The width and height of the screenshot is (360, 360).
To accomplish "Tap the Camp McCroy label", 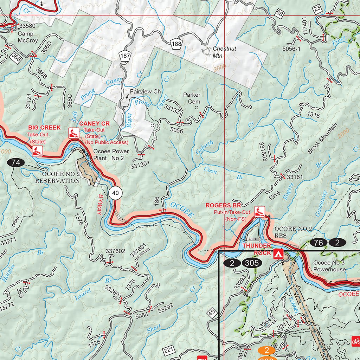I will coord(28,37).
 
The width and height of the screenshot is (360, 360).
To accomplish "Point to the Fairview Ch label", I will coord(145,91).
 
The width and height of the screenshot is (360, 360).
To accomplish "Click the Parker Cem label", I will coord(192,98).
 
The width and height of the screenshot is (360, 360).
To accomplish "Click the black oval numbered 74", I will coord(15,162).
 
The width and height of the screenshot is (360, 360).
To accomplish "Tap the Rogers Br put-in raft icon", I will coord(259,211).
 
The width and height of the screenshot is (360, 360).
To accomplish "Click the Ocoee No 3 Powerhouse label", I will coord(329,266).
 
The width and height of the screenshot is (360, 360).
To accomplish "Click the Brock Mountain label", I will coord(322,139).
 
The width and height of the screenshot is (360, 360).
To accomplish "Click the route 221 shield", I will coord(169,350).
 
